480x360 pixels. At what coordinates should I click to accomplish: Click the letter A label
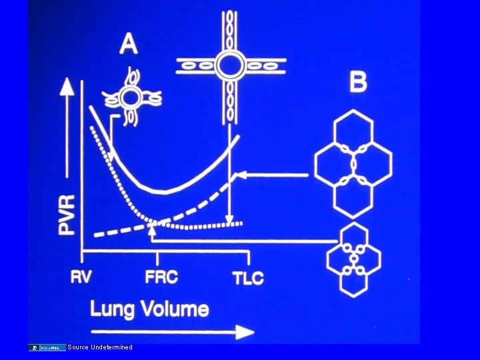click(x=128, y=45)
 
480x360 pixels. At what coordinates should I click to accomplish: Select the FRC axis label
click(x=161, y=277)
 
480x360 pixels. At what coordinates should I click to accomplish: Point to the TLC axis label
click(x=248, y=278)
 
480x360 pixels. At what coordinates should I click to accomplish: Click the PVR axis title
click(x=67, y=214)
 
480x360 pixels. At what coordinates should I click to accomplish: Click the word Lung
click(x=113, y=309)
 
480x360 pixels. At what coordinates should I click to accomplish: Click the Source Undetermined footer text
click(x=100, y=347)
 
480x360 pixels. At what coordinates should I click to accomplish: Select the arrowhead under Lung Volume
click(x=247, y=331)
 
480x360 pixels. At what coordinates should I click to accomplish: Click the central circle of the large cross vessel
click(x=230, y=65)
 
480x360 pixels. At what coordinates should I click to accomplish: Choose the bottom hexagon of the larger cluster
click(x=353, y=199)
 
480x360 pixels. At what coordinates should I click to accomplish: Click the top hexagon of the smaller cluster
click(x=353, y=235)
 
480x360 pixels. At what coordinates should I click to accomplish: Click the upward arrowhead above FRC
click(x=153, y=230)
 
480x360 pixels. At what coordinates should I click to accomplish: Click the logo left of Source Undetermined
click(x=47, y=347)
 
